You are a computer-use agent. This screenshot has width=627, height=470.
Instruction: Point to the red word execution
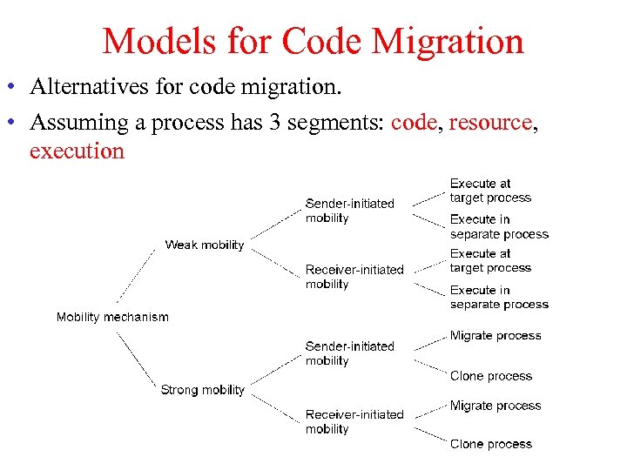click(77, 151)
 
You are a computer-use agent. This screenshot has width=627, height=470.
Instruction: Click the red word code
click(414, 122)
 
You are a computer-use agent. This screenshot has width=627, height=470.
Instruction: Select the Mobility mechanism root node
click(112, 317)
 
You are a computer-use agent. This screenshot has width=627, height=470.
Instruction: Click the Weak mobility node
click(205, 245)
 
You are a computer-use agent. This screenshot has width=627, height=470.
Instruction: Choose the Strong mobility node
click(203, 390)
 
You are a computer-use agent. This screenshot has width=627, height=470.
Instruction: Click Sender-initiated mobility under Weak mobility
click(349, 211)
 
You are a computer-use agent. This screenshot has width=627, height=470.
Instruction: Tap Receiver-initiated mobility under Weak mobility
click(354, 277)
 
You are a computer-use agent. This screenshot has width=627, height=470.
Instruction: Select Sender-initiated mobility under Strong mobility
click(349, 353)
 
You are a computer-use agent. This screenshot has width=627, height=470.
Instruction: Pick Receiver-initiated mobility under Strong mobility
click(354, 421)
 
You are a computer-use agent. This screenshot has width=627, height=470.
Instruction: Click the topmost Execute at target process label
click(490, 191)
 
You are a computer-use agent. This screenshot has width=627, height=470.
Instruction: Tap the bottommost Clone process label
click(491, 444)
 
